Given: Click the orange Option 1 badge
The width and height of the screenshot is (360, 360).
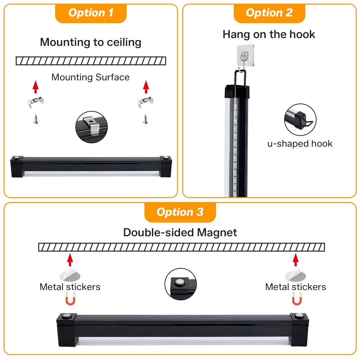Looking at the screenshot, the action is click(91, 13).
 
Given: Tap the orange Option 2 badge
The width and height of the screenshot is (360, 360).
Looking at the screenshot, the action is click(269, 13).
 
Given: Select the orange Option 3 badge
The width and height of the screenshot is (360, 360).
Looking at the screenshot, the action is click(180, 212).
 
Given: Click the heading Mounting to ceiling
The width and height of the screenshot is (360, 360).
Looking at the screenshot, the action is click(91, 42).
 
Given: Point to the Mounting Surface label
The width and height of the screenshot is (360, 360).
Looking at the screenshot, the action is click(90, 77).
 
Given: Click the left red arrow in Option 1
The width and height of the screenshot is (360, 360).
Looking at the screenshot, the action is click(36, 87).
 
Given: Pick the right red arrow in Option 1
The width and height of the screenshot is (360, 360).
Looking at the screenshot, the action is click(146, 87).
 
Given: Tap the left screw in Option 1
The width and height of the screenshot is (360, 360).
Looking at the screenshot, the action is click(36, 120).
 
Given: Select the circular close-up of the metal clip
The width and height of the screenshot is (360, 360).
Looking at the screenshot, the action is click(92, 127).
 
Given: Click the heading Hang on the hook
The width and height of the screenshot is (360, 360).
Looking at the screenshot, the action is click(269, 34).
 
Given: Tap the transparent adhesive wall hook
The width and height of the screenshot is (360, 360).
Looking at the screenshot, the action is click(245, 56).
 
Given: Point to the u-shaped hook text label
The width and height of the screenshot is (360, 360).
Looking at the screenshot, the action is click(300, 144).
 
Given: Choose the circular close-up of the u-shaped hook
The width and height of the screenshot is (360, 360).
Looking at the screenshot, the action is click(300, 120).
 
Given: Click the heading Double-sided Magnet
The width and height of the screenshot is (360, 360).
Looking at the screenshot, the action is click(180, 232).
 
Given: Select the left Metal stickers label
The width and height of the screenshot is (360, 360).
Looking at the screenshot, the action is click(70, 287).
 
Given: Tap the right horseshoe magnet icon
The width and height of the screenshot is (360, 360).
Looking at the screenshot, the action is click(297, 299).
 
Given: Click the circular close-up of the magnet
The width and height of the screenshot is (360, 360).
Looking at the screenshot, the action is click(181, 284).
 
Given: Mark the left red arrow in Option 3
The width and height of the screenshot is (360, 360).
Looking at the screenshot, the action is click(70, 260).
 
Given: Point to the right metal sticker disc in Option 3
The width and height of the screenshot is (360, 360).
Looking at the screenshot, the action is click(295, 275).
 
